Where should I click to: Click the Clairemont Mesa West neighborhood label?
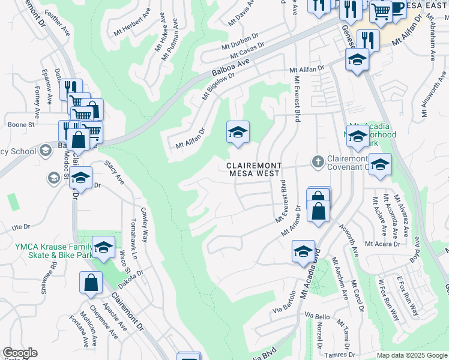pos(253,169)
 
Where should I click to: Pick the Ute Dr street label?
pos(20,227)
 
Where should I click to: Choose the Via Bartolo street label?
pos(285,302)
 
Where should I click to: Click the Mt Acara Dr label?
pos(382,244)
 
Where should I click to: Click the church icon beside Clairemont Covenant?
pos(318,161)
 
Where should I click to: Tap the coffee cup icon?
pos(397,8)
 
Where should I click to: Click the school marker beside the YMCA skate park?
pos(103,247)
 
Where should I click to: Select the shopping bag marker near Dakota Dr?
pos(90,283)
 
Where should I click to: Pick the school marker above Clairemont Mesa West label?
pos(238,132)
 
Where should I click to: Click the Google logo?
pos(19,353)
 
